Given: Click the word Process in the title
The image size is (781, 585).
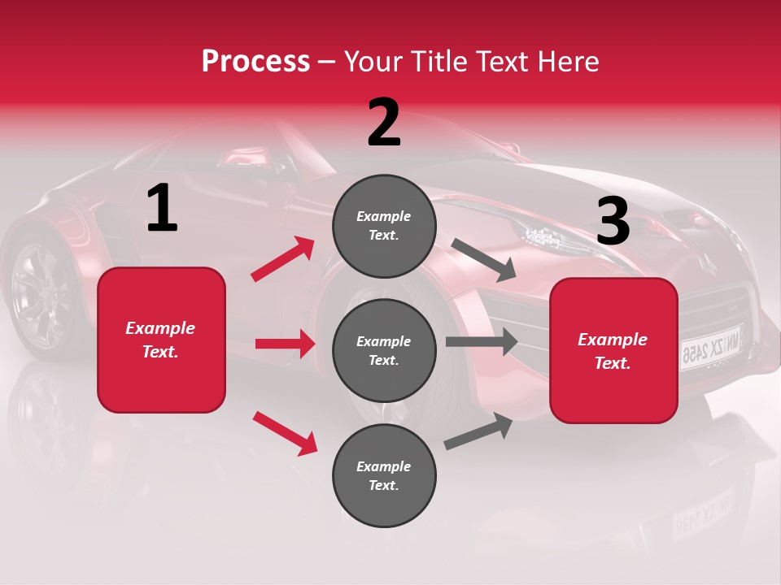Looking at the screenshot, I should pos(255,62).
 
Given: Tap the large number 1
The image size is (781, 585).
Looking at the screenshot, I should pos(162,209).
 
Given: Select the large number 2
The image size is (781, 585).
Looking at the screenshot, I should pos(384,123).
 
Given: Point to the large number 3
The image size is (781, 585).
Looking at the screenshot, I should pos(613,222).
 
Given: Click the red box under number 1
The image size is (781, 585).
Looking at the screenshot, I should pos(161,340).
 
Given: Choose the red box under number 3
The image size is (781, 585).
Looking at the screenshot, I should pos(613,350).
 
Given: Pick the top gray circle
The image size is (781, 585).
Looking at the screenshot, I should pos(384,226).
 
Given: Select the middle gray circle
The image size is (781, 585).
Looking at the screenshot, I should pos(384,350).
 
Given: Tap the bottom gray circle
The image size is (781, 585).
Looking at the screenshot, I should pos(384,475).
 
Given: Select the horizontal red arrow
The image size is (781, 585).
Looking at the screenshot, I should pos(285,344).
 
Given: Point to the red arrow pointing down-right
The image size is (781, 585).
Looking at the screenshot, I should pos(286,433).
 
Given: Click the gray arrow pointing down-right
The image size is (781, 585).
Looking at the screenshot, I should pos(484,259).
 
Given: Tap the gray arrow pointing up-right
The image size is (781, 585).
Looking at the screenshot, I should pos(479,431).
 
